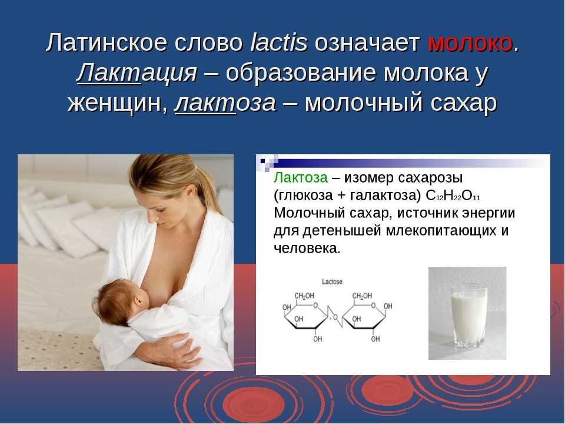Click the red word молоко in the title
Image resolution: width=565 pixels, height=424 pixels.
[470, 43]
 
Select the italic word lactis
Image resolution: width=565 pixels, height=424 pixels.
[278, 42]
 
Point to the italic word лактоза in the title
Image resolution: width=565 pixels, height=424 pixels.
[225, 104]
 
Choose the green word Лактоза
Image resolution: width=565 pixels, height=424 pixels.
[301, 177]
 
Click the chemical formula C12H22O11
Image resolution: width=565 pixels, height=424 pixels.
[453, 196]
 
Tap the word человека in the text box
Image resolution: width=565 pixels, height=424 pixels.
[307, 249]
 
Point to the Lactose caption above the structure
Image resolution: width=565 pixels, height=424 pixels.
[332, 281]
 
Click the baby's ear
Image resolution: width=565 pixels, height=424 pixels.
[140, 299]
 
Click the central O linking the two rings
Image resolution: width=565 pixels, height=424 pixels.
[335, 317]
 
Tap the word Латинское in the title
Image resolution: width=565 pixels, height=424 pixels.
[107, 42]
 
